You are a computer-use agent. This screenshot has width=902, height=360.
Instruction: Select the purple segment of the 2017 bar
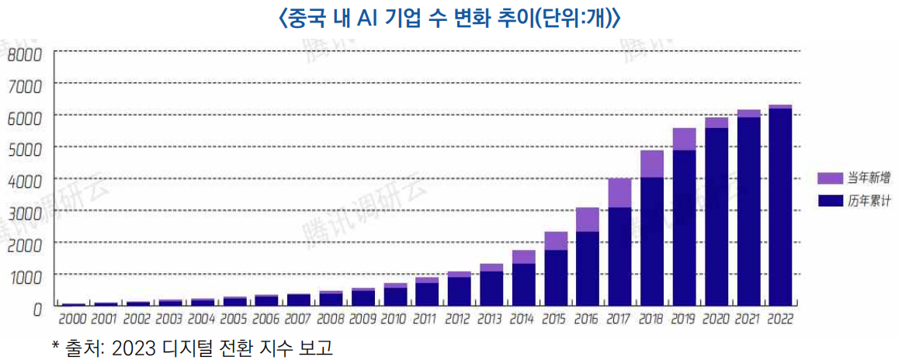(x=619, y=193)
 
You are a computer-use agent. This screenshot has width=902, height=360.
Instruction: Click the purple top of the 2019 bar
(x=684, y=139)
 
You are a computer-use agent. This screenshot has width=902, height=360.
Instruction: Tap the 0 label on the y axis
(x=36, y=309)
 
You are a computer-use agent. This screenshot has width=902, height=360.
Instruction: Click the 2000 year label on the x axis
(x=73, y=319)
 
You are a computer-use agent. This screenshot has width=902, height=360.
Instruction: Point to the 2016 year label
(x=587, y=319)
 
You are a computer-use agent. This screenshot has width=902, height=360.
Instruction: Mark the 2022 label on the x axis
(x=780, y=319)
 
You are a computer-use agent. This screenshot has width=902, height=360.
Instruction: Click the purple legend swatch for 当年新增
(x=831, y=178)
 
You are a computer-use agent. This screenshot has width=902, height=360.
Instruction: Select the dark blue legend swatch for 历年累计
(x=831, y=201)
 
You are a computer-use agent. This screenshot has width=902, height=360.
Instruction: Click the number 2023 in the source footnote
(x=132, y=347)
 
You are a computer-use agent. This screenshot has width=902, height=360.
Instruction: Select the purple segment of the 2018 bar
(x=651, y=164)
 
